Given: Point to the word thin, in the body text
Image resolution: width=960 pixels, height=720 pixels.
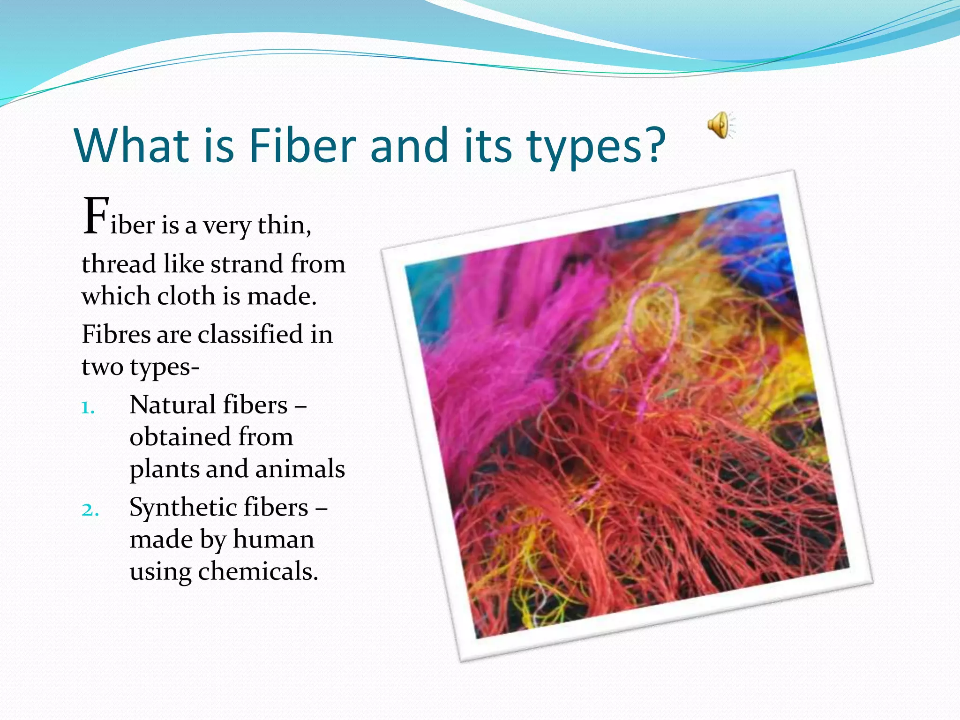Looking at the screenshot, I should tap(284, 225).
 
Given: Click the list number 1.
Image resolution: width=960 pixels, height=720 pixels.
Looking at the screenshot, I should tap(87, 408).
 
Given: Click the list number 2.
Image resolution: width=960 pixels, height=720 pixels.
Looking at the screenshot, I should tap(90, 510).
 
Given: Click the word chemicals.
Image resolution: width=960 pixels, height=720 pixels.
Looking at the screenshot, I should tap(258, 571).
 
